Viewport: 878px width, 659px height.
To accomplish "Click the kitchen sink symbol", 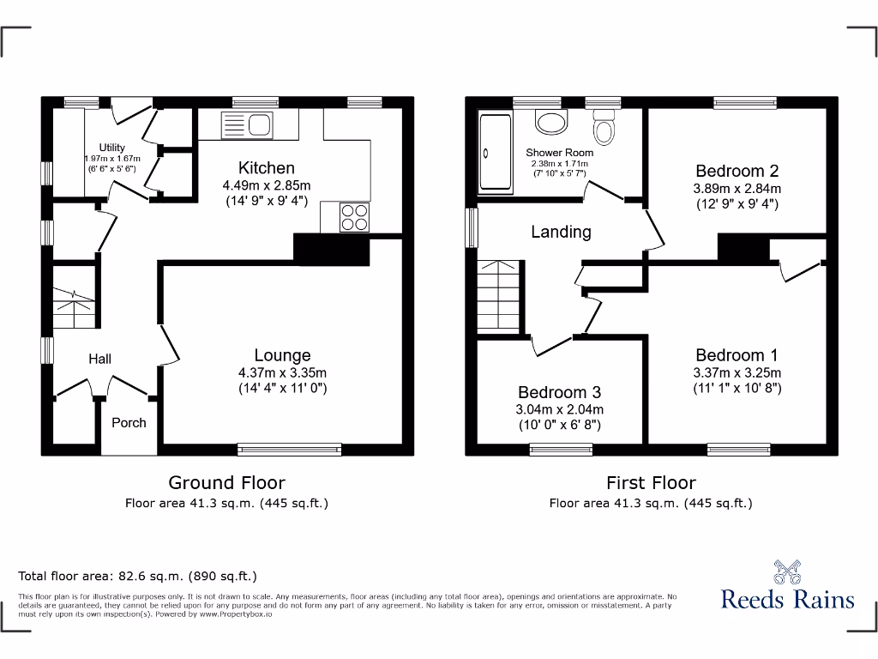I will pos(247,125).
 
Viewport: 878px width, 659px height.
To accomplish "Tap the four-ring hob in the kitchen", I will pos(355,217).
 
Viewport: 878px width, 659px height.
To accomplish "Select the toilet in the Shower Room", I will pos(605,130).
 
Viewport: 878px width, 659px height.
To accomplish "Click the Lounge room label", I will pos(282,355).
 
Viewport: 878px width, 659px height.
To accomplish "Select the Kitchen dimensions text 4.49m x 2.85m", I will pos(266,185).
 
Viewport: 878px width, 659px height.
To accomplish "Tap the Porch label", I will pos(129,422).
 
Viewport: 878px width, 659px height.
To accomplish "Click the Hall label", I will pos(99,359).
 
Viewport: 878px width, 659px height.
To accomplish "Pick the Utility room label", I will pos(111,148).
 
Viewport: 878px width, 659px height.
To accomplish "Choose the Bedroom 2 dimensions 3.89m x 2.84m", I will pos(737,189).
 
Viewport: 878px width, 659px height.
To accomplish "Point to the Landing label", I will pos(561,232).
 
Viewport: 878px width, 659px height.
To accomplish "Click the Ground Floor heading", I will pos(226,482).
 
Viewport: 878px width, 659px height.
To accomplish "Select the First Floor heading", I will pos(651,482).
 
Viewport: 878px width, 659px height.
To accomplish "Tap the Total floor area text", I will pos(137,577).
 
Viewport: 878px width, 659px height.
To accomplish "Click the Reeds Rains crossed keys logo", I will pos(787,571).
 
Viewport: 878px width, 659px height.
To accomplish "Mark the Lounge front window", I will pos(289,448).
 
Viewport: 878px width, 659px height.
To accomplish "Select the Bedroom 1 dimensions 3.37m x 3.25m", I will pos(737,372).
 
